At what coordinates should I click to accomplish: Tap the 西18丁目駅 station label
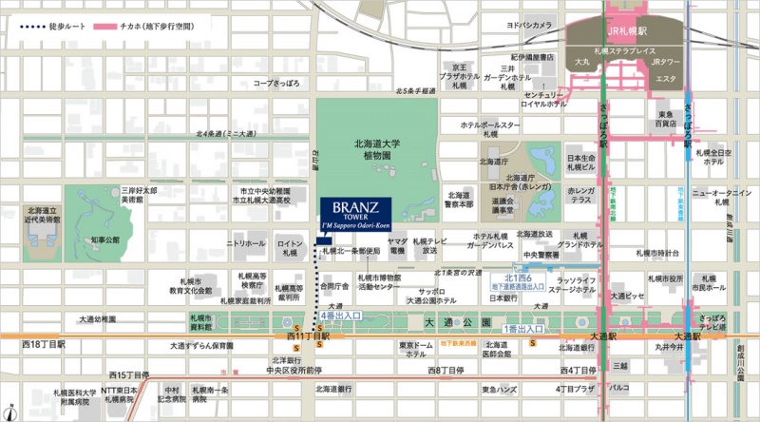[42, 342]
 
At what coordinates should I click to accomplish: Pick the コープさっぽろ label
[276, 83]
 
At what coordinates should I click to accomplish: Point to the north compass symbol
[10, 412]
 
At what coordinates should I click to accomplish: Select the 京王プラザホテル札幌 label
[460, 76]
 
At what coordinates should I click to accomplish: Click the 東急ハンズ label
[499, 389]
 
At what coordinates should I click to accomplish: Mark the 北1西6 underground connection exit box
[519, 280]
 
